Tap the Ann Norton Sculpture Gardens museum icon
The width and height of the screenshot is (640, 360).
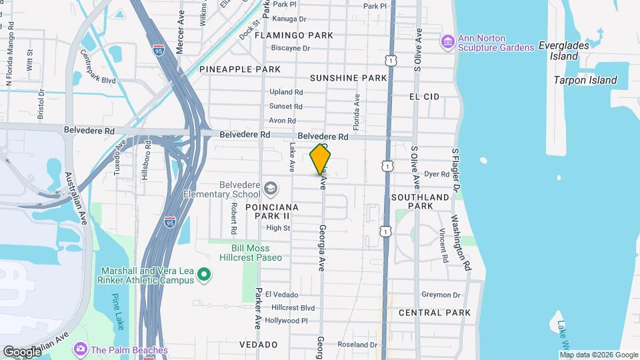tap(448, 43)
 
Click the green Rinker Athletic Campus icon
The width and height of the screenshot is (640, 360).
tap(205, 275)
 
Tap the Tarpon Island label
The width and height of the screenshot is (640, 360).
tap(585, 80)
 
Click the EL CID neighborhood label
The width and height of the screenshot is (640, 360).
tap(424, 97)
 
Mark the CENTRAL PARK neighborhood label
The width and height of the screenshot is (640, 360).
tap(434, 313)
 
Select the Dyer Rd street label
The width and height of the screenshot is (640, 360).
tap(437, 174)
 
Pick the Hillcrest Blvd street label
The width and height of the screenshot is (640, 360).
tap(293, 308)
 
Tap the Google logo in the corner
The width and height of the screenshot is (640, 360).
tap(22, 351)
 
